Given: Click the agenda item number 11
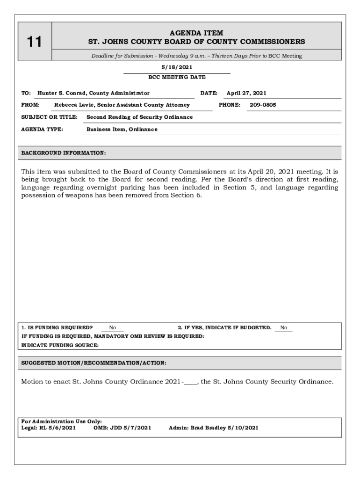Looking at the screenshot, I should (34, 43).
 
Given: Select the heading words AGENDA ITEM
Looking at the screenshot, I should (196, 33).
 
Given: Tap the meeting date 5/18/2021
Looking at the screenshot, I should (177, 67).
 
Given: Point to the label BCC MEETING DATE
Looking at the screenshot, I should (177, 77).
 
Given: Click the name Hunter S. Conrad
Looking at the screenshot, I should (62, 93).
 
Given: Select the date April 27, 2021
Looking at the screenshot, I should (246, 93).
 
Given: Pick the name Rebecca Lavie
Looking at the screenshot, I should (72, 105).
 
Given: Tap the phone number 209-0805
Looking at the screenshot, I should (263, 105).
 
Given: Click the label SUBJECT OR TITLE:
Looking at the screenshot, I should (49, 117).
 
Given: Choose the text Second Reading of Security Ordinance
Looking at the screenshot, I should (139, 117).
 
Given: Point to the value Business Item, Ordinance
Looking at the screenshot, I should (122, 129).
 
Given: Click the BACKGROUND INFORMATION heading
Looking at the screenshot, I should (64, 153).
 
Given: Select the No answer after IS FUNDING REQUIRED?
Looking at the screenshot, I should (113, 328).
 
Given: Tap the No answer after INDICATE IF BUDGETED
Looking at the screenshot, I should (284, 328).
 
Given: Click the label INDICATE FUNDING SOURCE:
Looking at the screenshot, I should (60, 345).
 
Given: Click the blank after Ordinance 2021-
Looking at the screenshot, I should (191, 382).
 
